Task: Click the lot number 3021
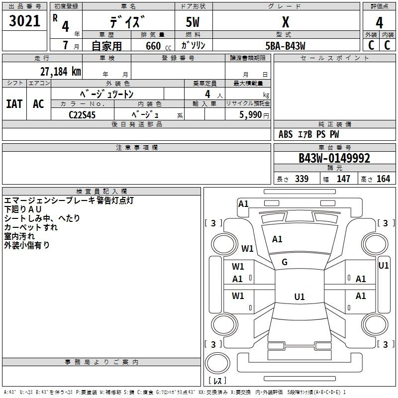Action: tap(24, 20)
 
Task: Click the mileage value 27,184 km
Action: tap(61, 72)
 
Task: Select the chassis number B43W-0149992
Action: tap(334, 158)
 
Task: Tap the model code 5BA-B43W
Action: tap(285, 46)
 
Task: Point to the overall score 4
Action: tap(379, 23)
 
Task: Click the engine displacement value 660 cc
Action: tap(158, 46)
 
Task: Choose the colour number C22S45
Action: tap(82, 115)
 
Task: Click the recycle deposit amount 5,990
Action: tap(250, 114)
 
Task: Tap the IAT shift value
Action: tap(14, 104)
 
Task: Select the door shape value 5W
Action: tap(193, 22)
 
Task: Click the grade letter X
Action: tap(286, 22)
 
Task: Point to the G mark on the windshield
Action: tap(285, 262)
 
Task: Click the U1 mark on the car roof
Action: tap(299, 297)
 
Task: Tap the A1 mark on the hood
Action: tap(277, 239)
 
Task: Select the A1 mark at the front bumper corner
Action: tap(243, 204)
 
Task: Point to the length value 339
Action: tap(302, 179)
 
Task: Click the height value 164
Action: tap(383, 179)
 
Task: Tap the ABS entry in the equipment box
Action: tap(286, 134)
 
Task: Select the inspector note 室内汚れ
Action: tap(19, 236)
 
